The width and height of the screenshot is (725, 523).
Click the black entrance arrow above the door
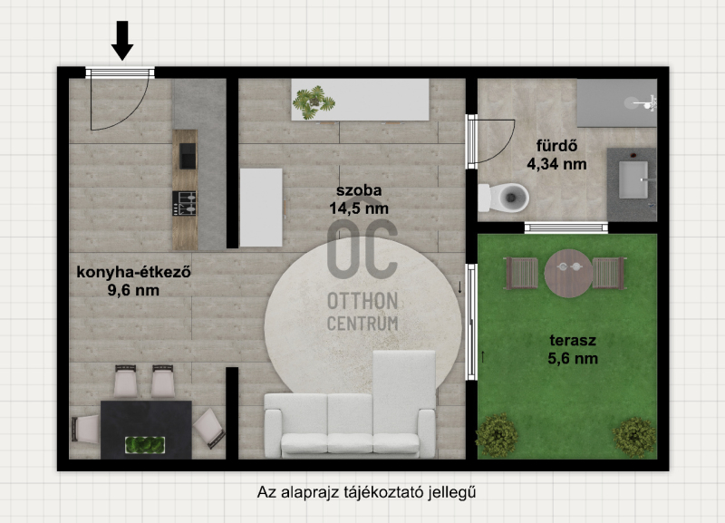click(x=122, y=41)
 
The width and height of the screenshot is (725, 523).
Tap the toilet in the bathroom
click(x=504, y=198)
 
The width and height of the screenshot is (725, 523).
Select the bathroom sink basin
click(x=633, y=179)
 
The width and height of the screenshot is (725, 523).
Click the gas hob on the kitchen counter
click(x=185, y=203)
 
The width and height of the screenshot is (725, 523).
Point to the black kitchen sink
click(x=188, y=156)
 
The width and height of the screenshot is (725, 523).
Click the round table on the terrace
click(x=568, y=274)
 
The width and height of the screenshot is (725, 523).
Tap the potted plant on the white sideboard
click(x=314, y=102)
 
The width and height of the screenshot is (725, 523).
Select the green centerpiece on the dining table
click(x=145, y=445)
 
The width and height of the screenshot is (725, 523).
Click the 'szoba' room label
click(x=359, y=190)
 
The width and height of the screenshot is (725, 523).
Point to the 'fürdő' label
click(x=556, y=146)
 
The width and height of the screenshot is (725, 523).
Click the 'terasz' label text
click(x=573, y=340)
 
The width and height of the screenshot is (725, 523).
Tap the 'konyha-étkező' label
click(x=133, y=272)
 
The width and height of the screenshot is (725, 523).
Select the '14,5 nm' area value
click(x=359, y=208)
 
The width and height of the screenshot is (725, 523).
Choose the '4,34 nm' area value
click(x=556, y=164)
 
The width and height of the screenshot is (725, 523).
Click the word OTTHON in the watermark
click(x=362, y=301)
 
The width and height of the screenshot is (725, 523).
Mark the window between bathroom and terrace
click(x=566, y=228)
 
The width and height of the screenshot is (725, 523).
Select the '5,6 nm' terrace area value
click(x=573, y=359)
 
